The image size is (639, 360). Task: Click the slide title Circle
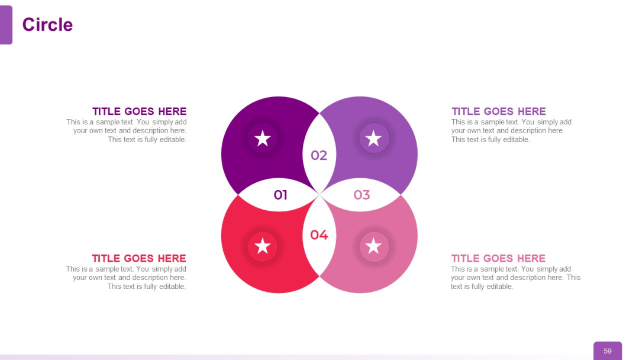[47, 25]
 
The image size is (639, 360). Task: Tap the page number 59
[608, 351]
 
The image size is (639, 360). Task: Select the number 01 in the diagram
[280, 195]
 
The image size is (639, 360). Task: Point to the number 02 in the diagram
[319, 155]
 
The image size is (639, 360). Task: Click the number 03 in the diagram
[362, 195]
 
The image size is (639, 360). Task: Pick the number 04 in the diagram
[319, 235]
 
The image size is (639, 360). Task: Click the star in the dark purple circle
[263, 139]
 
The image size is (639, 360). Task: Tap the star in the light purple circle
[374, 139]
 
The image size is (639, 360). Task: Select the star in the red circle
[263, 246]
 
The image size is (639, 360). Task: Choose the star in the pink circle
[374, 246]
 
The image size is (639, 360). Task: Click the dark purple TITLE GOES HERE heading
[139, 111]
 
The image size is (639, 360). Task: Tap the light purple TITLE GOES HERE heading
[499, 111]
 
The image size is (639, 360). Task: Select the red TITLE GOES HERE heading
[139, 258]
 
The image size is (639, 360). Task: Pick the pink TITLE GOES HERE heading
[498, 258]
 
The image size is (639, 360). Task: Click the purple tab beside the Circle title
[6, 25]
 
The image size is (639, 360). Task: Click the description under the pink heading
[515, 278]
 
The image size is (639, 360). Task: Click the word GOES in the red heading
[140, 258]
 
